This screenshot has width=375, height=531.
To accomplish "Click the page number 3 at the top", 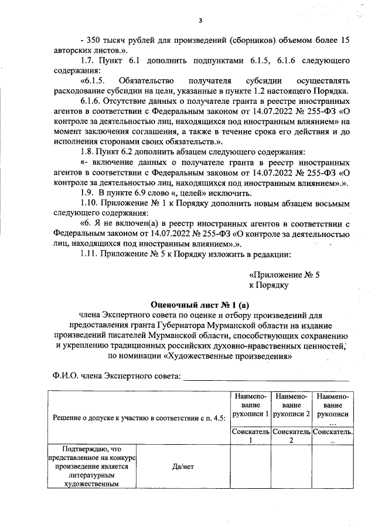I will click(200, 22).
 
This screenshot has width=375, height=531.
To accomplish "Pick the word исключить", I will click(234, 193).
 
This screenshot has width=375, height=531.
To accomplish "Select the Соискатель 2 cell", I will click(291, 436).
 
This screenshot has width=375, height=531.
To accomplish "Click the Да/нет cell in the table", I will click(183, 466).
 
